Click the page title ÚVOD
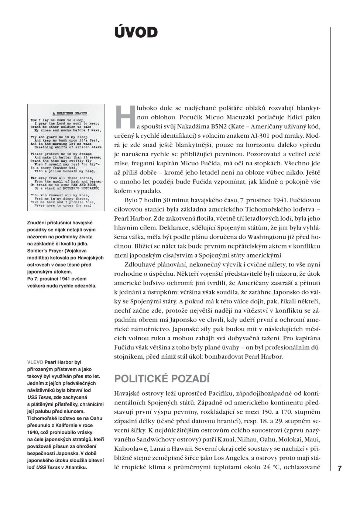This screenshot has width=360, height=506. [x=136, y=32]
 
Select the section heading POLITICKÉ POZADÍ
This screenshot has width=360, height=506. [x=162, y=379]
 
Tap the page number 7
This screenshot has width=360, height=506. [x=340, y=469]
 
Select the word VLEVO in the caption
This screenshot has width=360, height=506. [x=35, y=362]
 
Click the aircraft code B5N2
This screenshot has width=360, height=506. [x=207, y=127]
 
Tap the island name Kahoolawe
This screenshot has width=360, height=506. [x=131, y=449]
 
